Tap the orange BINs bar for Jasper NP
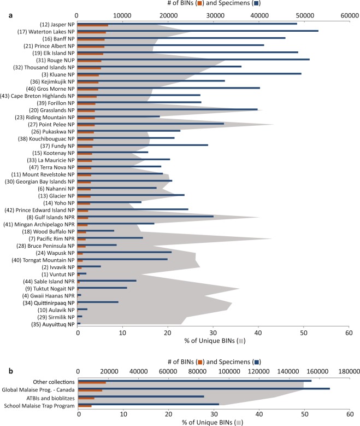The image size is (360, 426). [x=93, y=26]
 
